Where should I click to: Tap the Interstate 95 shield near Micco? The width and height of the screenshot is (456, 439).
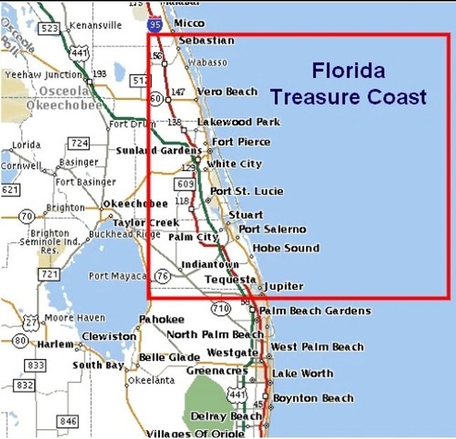click(x=156, y=25)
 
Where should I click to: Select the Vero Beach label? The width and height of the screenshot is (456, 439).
click(x=227, y=91)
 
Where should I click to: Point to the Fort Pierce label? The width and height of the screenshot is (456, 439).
click(x=241, y=142)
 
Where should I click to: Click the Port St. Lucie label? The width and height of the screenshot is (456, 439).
click(x=246, y=191)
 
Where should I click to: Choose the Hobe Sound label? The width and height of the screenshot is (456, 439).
click(x=285, y=248)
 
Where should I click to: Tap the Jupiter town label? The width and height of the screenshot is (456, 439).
click(x=283, y=287)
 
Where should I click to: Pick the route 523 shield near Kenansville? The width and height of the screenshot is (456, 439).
click(x=50, y=28)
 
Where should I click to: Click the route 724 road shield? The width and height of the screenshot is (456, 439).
click(x=79, y=144)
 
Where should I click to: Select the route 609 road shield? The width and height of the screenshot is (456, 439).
click(x=186, y=184)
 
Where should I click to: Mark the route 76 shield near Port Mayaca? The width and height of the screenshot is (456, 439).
click(x=163, y=276)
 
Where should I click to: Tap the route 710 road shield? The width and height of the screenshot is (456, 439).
click(x=221, y=308)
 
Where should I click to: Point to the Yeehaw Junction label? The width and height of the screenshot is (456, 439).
click(x=44, y=74)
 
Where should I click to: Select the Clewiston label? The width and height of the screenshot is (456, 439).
click(x=108, y=336)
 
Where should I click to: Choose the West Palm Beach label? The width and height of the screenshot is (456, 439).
click(x=317, y=347)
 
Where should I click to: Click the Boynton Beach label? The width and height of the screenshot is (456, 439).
click(x=313, y=398)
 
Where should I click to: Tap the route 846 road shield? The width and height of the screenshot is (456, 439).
click(x=68, y=422)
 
